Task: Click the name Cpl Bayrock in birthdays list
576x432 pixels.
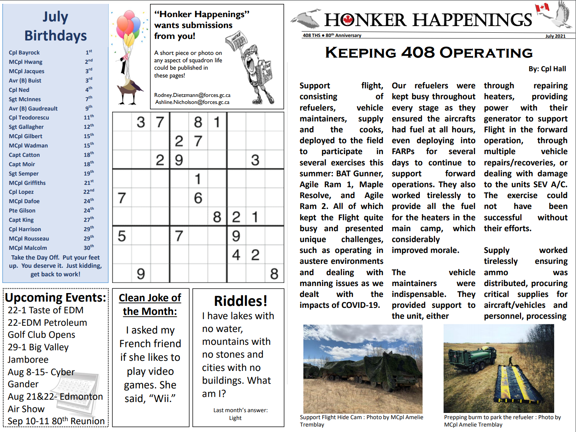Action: click(x=24, y=53)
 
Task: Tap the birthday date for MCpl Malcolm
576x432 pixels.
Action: click(x=88, y=248)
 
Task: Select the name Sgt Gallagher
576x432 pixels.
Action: click(x=26, y=127)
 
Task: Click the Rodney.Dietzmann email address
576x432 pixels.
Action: click(x=192, y=95)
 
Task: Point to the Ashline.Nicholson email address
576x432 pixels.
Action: click(x=192, y=102)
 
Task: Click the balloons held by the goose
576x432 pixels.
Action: click(x=128, y=27)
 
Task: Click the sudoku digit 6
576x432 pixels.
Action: click(x=198, y=198)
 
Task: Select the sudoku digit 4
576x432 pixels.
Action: click(x=236, y=255)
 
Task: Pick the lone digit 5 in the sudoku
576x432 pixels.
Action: click(x=122, y=236)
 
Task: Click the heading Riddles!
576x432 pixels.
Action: click(x=240, y=301)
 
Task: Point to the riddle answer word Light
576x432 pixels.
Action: click(x=235, y=418)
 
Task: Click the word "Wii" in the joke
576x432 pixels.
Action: click(x=164, y=399)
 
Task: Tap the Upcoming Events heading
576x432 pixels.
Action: click(x=55, y=298)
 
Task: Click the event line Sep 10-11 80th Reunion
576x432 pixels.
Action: click(x=56, y=421)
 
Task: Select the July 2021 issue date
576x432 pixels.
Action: click(x=555, y=36)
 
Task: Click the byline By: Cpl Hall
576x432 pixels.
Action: click(x=547, y=69)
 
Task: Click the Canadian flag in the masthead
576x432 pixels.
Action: click(x=542, y=7)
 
